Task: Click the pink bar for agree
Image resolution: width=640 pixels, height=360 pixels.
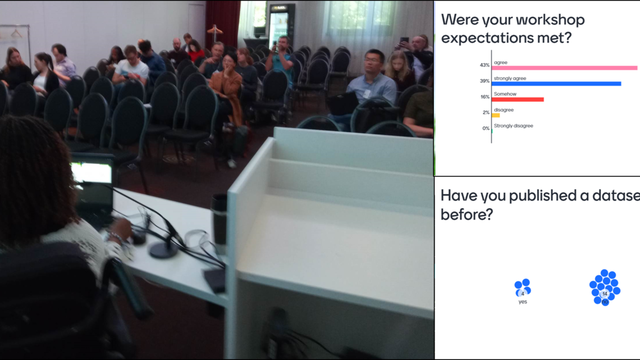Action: click(564, 68)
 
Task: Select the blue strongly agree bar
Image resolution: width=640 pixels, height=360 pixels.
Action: click(556, 84)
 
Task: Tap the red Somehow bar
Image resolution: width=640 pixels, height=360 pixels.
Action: click(518, 99)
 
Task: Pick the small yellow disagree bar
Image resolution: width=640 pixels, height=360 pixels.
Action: click(496, 115)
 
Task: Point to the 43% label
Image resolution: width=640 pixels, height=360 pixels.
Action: click(484, 65)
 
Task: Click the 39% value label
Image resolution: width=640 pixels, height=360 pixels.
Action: click(484, 81)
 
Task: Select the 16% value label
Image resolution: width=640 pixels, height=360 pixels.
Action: click(485, 97)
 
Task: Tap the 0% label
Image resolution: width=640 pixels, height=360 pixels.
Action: click(486, 128)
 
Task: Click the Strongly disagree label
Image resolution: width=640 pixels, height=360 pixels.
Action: click(514, 126)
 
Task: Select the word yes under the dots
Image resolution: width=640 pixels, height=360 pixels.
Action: click(523, 302)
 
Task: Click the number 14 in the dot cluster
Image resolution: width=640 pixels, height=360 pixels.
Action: click(605, 294)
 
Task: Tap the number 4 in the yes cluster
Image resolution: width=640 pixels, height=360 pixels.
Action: click(523, 294)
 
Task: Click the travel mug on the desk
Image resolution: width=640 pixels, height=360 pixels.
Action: click(219, 220)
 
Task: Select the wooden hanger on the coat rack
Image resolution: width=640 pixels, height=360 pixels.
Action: click(214, 30)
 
